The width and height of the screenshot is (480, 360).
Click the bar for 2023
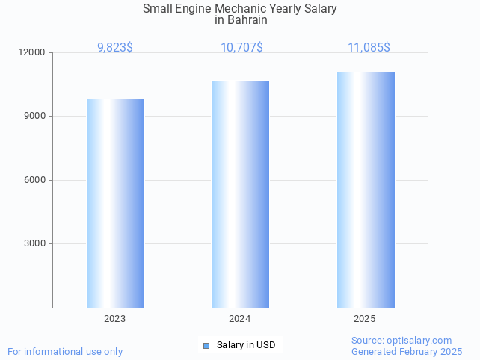pyautogui.click(x=115, y=203)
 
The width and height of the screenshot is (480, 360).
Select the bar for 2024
pyautogui.click(x=240, y=194)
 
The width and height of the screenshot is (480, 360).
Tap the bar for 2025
pyautogui.click(x=366, y=190)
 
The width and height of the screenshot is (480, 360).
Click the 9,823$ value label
pyautogui.click(x=115, y=48)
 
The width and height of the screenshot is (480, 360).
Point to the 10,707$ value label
pyautogui.click(x=241, y=48)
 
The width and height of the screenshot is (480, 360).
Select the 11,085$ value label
pyautogui.click(x=369, y=48)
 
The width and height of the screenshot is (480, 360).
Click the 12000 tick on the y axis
pyautogui.click(x=34, y=53)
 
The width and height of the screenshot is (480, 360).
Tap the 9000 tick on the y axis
pyautogui.click(x=36, y=117)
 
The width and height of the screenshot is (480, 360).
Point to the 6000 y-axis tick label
pyautogui.click(x=36, y=180)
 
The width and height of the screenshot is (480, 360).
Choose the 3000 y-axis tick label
pyautogui.click(x=36, y=244)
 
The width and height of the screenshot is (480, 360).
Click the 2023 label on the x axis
pyautogui.click(x=115, y=319)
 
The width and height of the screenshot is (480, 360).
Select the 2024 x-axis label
pyautogui.click(x=240, y=319)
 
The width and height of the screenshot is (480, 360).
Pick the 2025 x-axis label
pyautogui.click(x=365, y=319)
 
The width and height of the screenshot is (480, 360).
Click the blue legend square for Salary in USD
pyautogui.click(x=206, y=345)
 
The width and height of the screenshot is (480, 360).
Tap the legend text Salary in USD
pyautogui.click(x=246, y=345)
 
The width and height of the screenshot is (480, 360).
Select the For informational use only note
pyautogui.click(x=65, y=351)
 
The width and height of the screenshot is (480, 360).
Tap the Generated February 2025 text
pyautogui.click(x=407, y=351)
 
